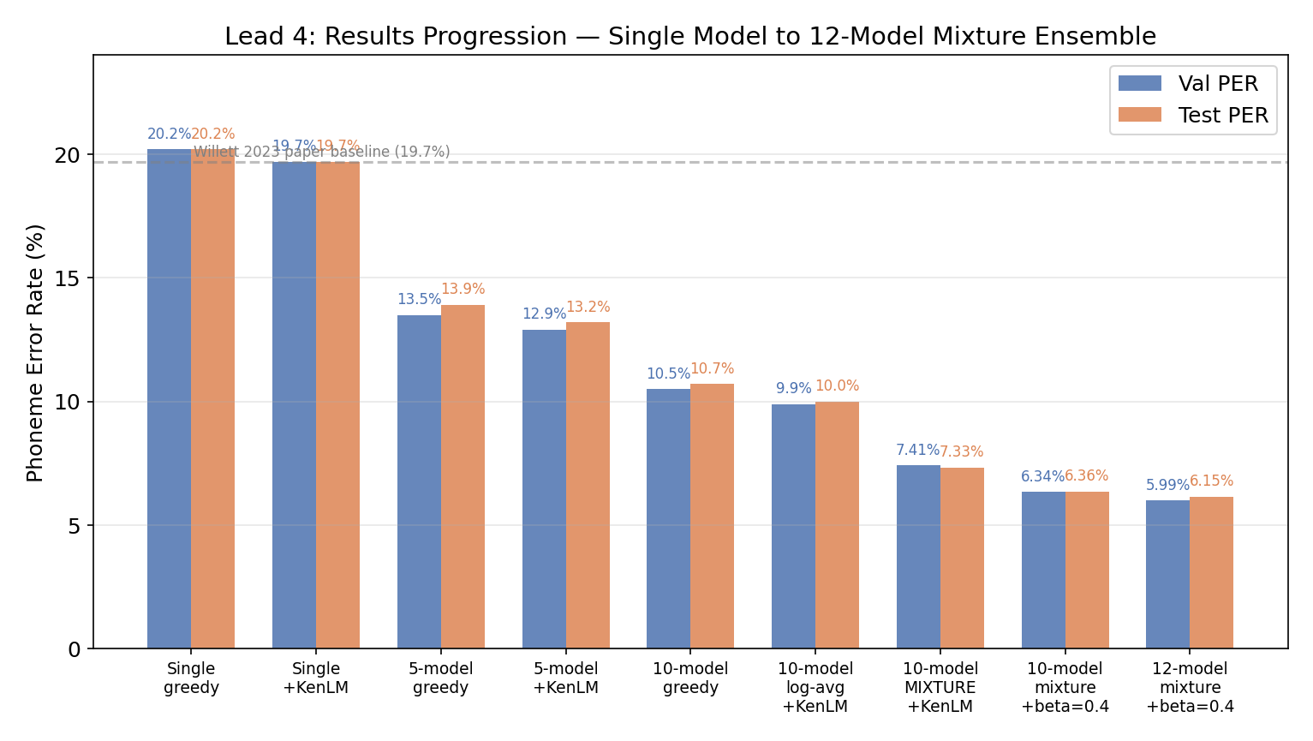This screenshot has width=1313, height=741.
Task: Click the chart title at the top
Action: click(689, 37)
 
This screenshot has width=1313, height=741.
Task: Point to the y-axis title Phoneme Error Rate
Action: click(35, 352)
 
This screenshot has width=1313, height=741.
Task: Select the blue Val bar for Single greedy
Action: click(169, 398)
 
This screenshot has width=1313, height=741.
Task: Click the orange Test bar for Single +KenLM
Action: click(337, 405)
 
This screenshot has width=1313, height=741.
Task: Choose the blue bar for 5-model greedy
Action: click(419, 481)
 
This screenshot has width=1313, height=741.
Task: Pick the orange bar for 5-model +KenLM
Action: click(588, 485)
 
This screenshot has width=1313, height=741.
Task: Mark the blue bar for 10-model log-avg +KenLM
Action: click(793, 526)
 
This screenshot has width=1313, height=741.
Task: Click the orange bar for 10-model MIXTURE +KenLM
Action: click(962, 558)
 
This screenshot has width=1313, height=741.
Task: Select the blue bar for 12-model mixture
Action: click(1167, 574)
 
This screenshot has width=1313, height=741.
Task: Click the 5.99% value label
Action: click(1167, 486)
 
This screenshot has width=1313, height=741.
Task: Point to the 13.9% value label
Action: click(463, 290)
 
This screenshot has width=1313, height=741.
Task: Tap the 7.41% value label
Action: click(917, 451)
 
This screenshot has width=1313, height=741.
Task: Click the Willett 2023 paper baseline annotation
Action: click(321, 152)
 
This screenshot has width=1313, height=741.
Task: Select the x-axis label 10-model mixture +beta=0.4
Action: click(1065, 688)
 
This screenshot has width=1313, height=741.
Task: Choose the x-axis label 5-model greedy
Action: click(441, 678)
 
